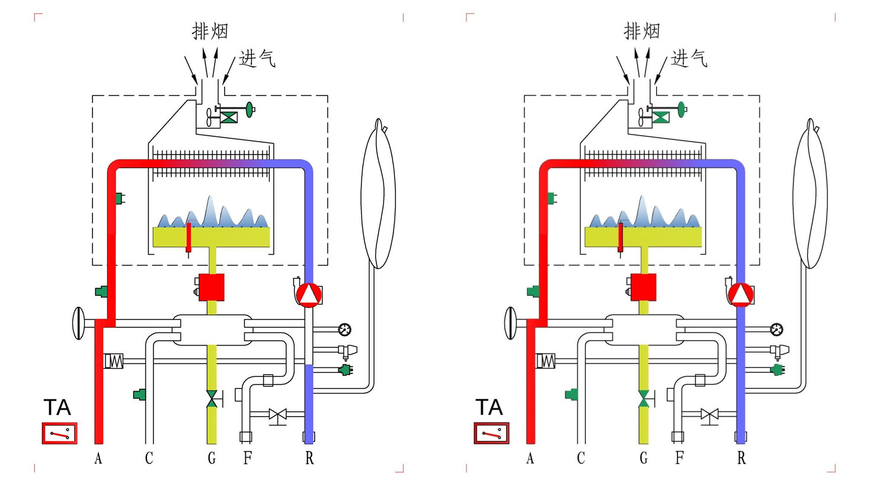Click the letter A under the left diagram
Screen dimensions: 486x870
point(98,458)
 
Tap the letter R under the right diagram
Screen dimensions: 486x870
point(741,458)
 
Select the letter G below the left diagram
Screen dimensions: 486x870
point(212,458)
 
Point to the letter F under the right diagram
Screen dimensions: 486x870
point(680,458)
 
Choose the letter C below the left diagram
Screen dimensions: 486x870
point(149,458)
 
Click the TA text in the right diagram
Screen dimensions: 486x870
point(489,408)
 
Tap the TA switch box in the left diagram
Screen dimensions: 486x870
point(59,433)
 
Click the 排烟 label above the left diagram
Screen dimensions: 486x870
point(210,31)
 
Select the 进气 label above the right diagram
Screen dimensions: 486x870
point(689,59)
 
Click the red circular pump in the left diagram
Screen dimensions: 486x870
point(309,295)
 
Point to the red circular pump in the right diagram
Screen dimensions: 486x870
point(741,295)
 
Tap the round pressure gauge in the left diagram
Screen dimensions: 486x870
point(345,329)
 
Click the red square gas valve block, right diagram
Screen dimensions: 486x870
point(644,287)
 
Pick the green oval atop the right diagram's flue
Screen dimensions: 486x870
point(682,109)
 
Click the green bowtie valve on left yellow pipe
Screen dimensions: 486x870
point(212,399)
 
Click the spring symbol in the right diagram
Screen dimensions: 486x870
point(546,360)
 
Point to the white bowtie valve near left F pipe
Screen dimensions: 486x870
point(277,414)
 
